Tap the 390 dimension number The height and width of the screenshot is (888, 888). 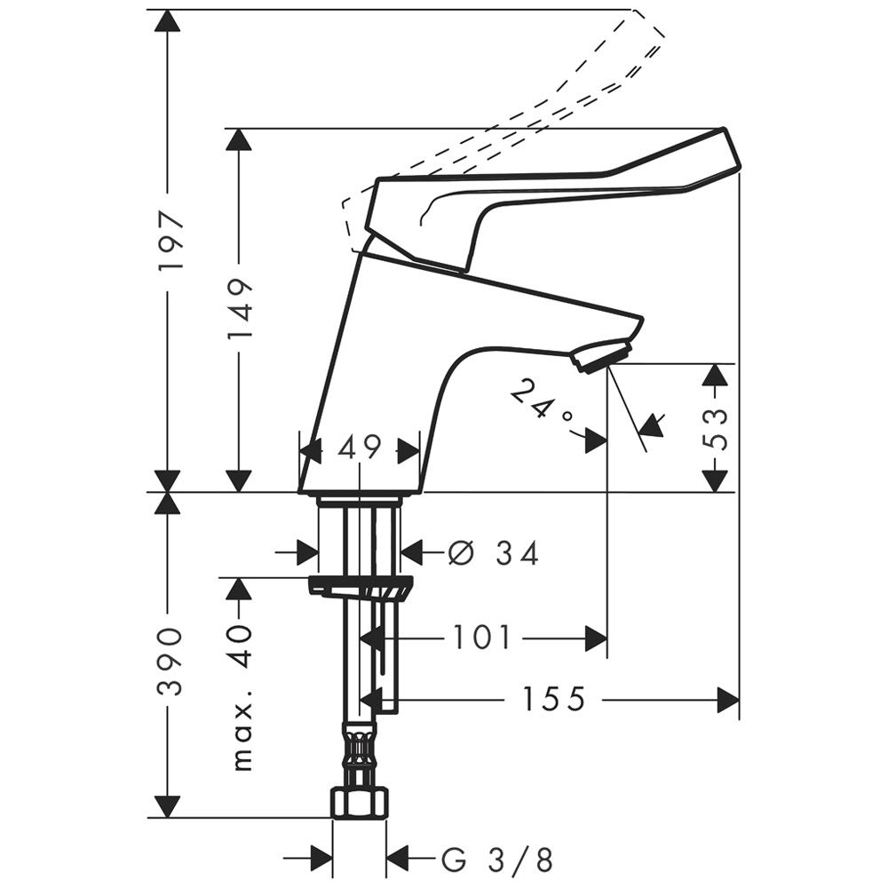pyautogui.click(x=170, y=661)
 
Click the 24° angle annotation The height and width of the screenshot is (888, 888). pyautogui.click(x=541, y=404)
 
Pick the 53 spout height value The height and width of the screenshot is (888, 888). pyautogui.click(x=718, y=429)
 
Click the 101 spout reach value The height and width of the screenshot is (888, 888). pyautogui.click(x=482, y=637)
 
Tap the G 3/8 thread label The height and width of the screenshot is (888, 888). pyautogui.click(x=496, y=860)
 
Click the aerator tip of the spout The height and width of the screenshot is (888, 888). pyautogui.click(x=600, y=356)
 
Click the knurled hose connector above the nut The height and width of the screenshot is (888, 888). pyautogui.click(x=359, y=749)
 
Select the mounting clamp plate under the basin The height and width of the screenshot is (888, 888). pyautogui.click(x=361, y=586)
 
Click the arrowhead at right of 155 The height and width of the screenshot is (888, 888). pyautogui.click(x=728, y=699)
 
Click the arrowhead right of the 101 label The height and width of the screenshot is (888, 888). pyautogui.click(x=596, y=638)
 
